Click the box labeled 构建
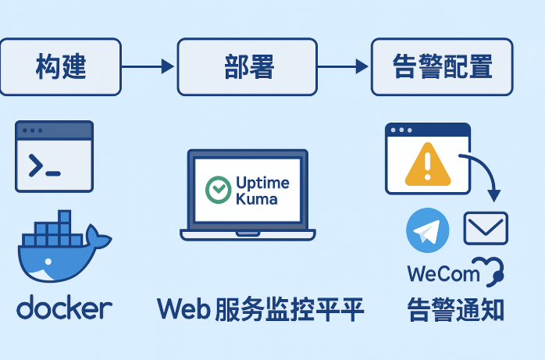click(61, 67)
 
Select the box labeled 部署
click(248, 67)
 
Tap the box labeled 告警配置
click(442, 67)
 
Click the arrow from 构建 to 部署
click(149, 67)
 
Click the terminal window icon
click(55, 156)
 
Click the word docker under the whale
click(64, 308)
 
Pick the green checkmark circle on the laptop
click(217, 190)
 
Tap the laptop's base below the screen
click(248, 234)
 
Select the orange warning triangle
click(428, 164)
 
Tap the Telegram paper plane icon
click(428, 230)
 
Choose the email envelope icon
click(486, 228)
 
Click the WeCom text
click(443, 274)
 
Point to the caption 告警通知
click(455, 309)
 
